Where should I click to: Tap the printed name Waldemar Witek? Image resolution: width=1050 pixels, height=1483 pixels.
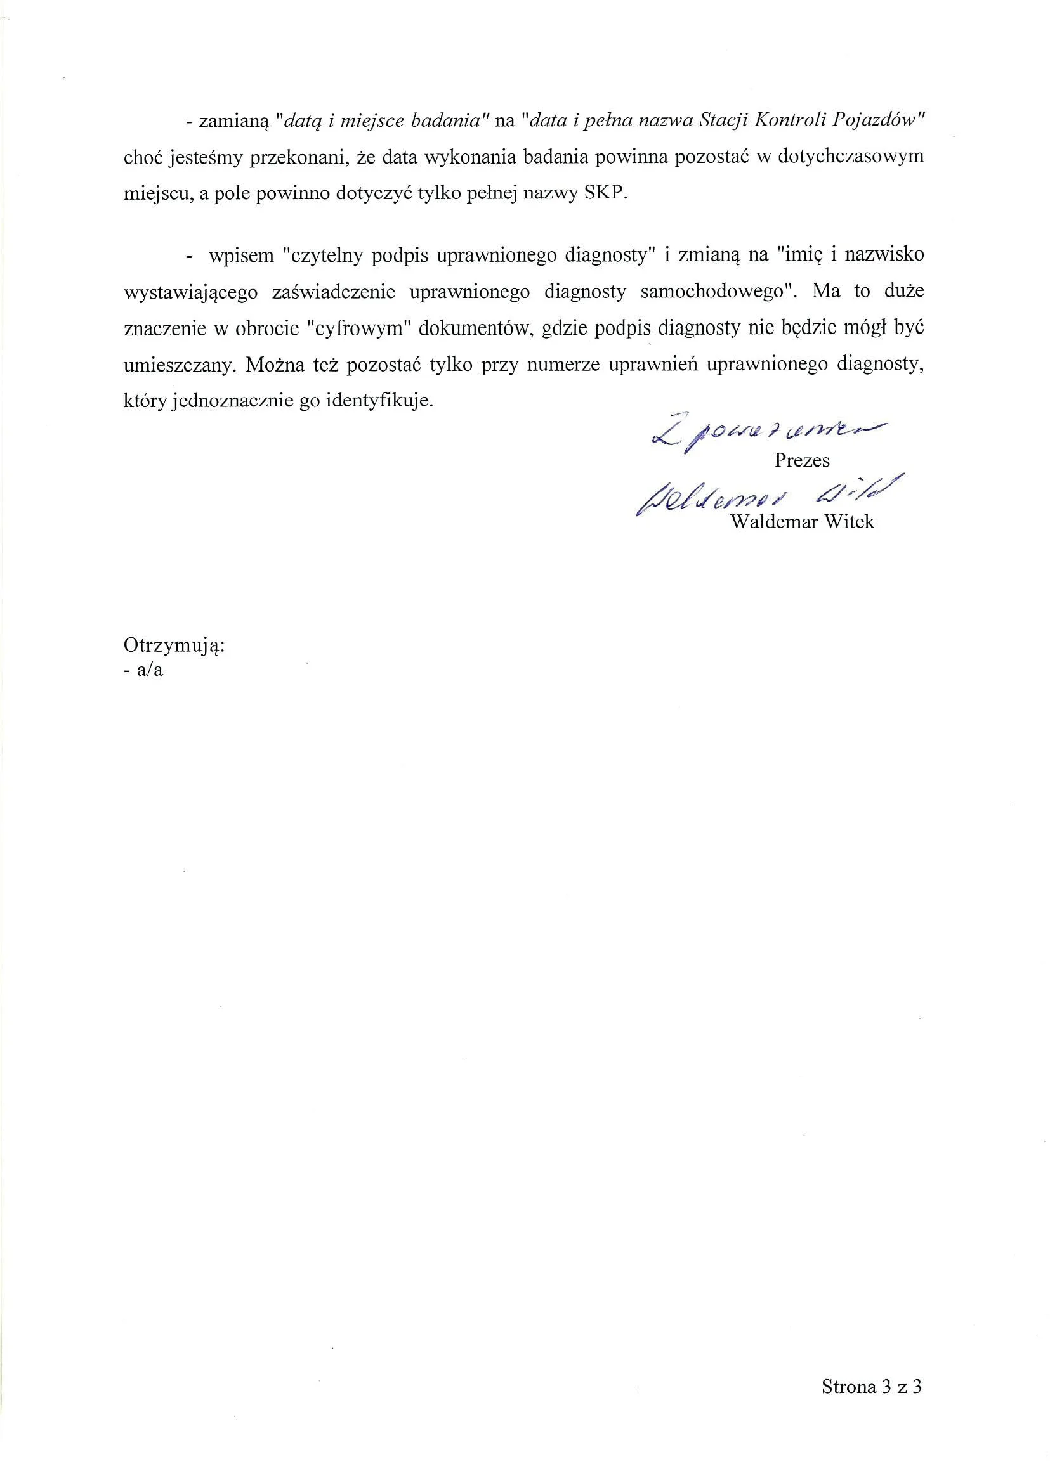pyautogui.click(x=802, y=521)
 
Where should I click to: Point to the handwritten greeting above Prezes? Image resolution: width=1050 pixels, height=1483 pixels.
pyautogui.click(x=770, y=436)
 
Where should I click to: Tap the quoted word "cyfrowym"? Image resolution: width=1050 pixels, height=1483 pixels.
pyautogui.click(x=357, y=328)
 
